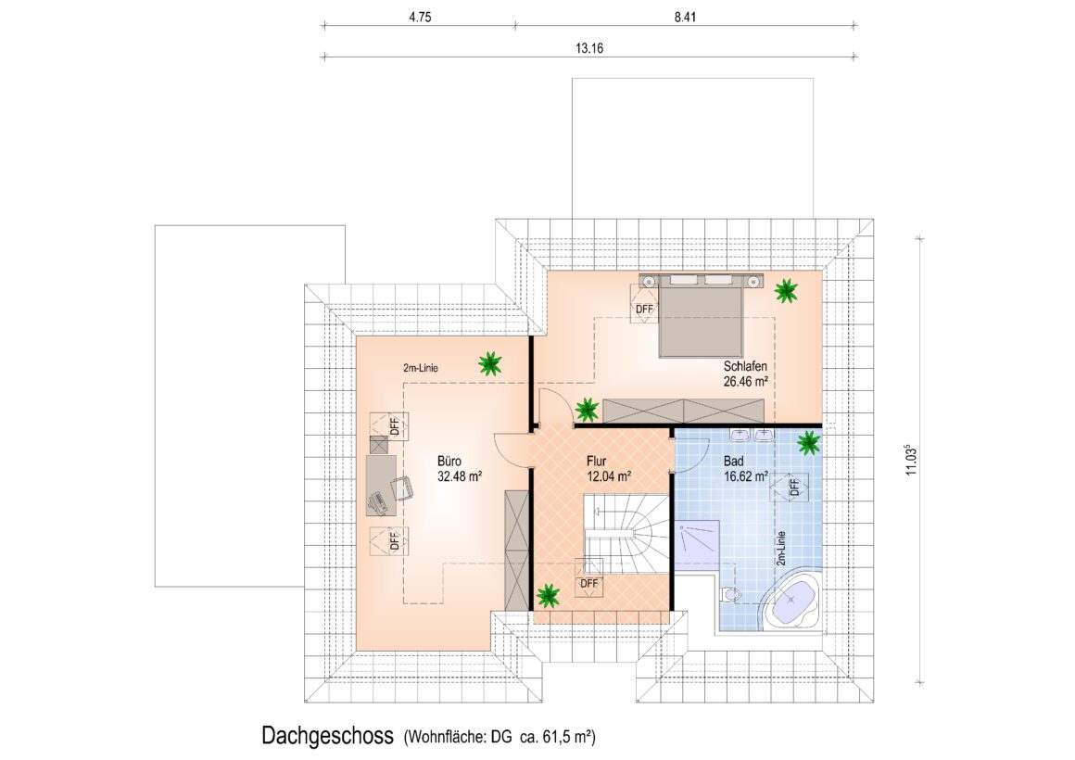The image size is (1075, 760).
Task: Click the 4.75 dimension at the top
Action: tap(420, 18)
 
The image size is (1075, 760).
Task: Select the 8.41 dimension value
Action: tap(685, 18)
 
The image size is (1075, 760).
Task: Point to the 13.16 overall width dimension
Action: tap(589, 48)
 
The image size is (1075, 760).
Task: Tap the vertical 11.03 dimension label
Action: tap(910, 460)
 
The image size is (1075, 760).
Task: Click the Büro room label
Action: tap(449, 461)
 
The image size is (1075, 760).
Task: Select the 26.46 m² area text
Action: tap(746, 382)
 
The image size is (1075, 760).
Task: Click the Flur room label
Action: tap(597, 461)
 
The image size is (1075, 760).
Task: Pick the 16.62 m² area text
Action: tap(746, 475)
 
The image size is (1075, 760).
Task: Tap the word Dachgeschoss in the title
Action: tap(328, 735)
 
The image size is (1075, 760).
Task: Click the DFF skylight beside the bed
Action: tap(644, 302)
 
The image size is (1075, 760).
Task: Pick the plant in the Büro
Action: tap(489, 363)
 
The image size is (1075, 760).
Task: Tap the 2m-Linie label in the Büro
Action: tap(420, 368)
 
